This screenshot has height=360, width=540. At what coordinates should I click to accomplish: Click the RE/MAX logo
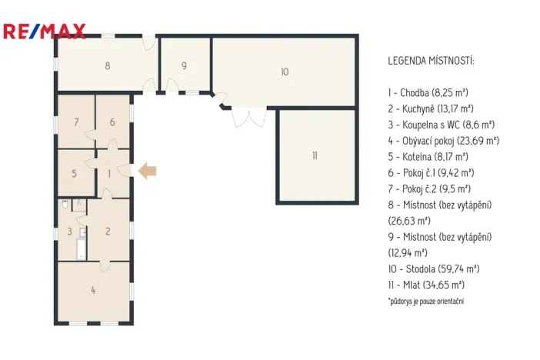tap(44, 32)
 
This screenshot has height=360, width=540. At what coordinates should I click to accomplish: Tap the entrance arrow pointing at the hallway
tap(147, 171)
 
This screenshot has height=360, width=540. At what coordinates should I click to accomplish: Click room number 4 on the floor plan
tap(93, 290)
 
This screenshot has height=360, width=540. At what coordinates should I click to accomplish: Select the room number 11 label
tap(315, 155)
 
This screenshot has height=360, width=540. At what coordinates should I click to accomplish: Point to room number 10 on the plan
tap(284, 72)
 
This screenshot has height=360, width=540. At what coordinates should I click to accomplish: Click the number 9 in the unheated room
tap(184, 65)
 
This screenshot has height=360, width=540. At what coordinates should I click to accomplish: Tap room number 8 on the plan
tap(108, 65)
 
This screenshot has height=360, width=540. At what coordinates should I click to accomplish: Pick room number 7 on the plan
tap(76, 122)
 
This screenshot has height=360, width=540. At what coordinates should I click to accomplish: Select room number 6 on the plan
tap(112, 122)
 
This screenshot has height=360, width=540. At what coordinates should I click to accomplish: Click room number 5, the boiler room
tap(75, 173)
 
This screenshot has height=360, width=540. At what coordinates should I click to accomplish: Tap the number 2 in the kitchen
tap(108, 231)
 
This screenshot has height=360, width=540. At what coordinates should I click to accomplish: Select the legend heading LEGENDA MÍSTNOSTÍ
tap(431, 60)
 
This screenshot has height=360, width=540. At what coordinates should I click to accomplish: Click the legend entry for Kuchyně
tap(431, 108)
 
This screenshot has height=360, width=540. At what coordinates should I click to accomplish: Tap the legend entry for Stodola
tap(434, 268)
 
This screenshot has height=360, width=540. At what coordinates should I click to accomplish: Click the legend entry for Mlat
tap(425, 285)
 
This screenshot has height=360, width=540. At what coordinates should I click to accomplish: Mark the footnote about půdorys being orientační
tap(425, 301)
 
